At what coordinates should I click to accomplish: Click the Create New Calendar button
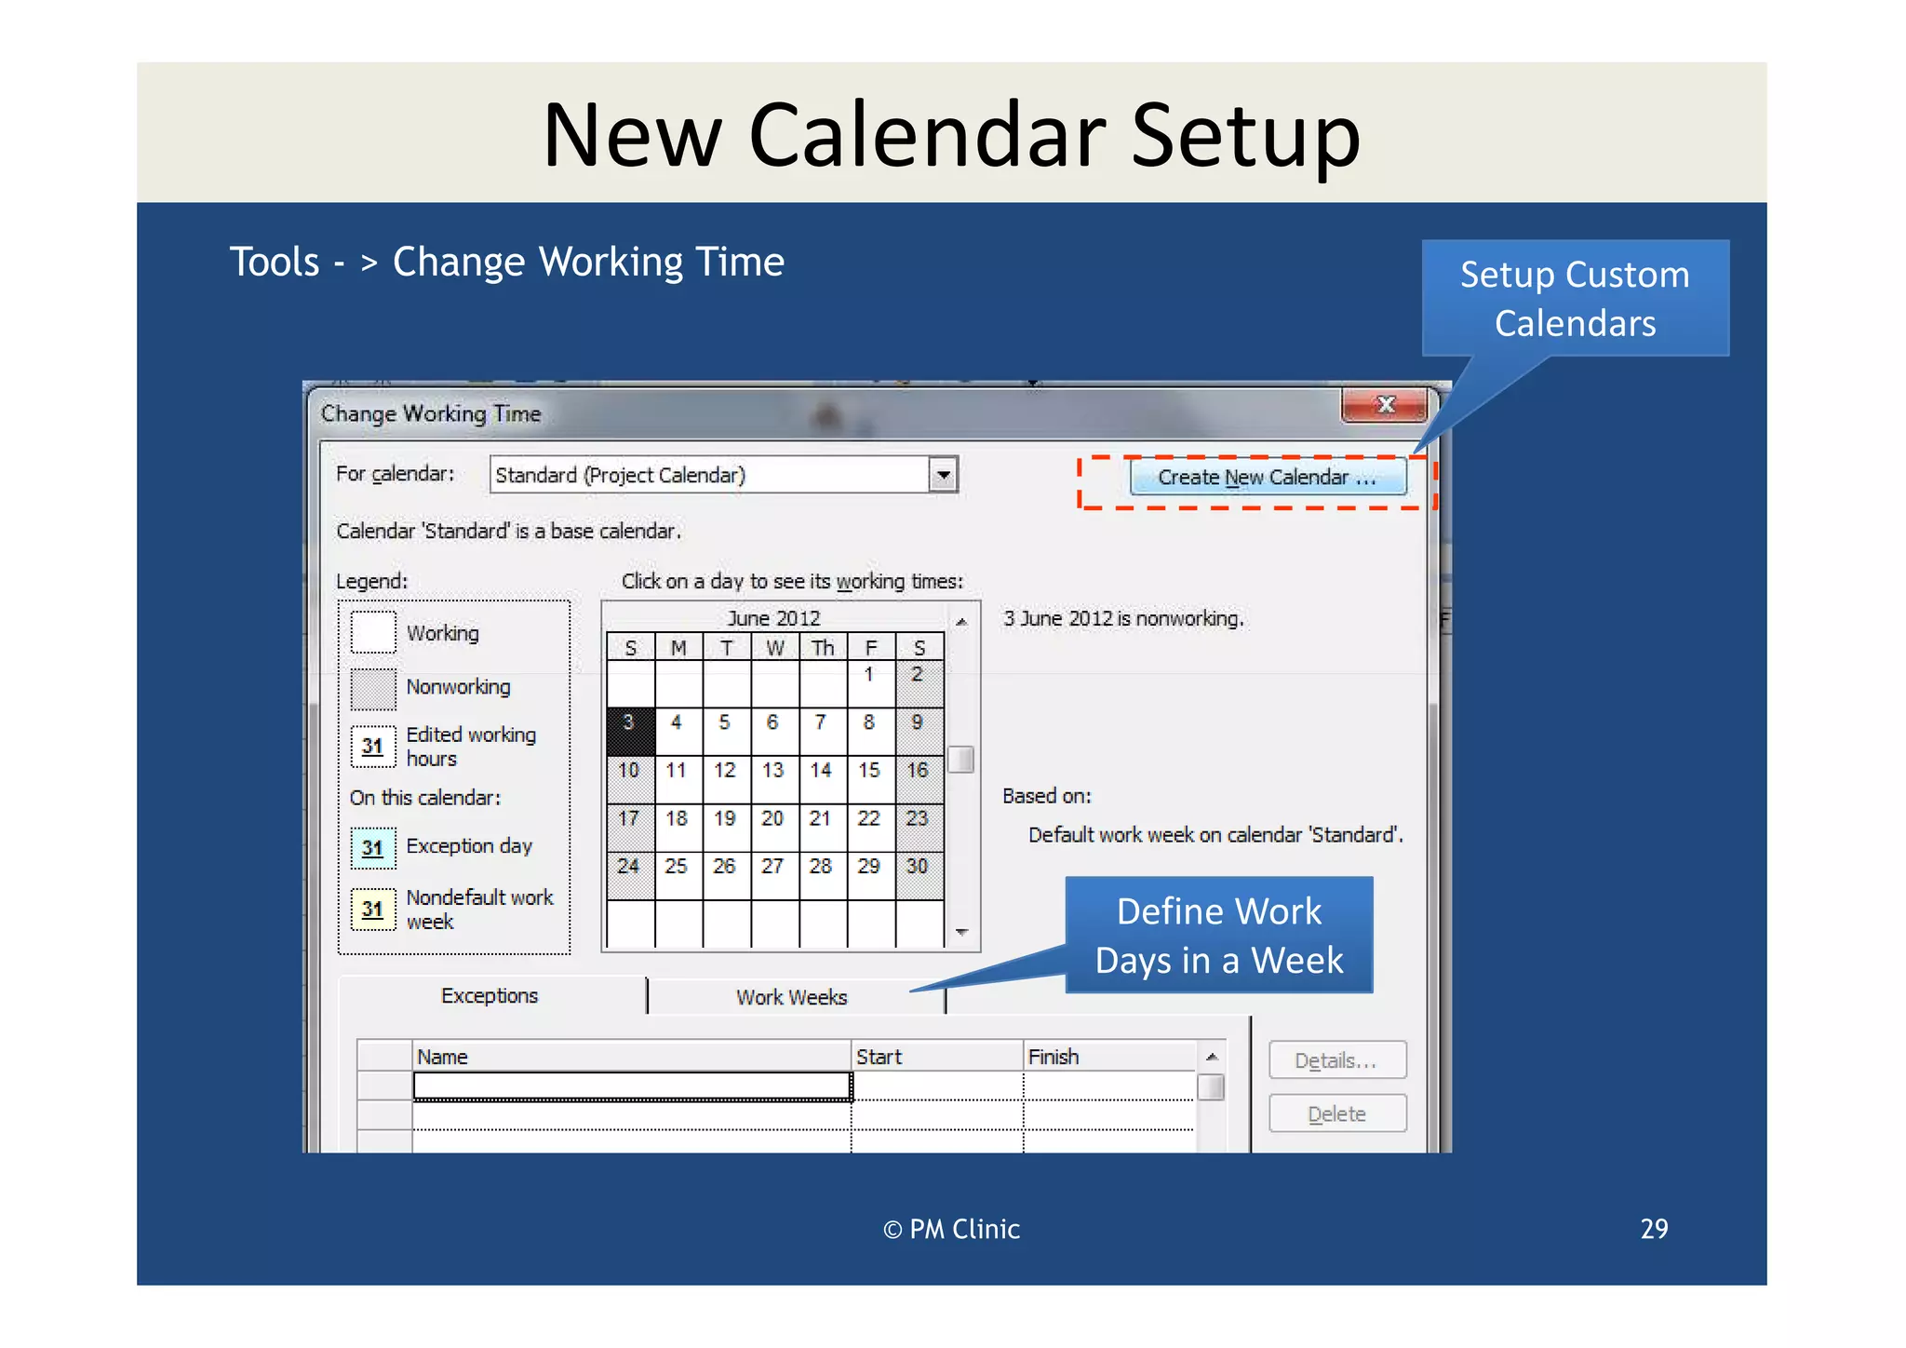[1267, 478]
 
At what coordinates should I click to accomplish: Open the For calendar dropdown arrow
[943, 475]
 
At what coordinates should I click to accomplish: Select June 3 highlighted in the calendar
[630, 729]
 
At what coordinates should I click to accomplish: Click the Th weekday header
[822, 648]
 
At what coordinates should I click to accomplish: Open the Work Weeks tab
[792, 997]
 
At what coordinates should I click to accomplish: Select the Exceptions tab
[490, 996]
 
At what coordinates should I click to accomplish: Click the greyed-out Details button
[1336, 1060]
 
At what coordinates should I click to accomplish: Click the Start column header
[935, 1057]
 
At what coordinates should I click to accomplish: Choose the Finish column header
[1107, 1057]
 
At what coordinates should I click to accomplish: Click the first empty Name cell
[632, 1086]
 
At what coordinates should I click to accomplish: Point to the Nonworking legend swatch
[373, 689]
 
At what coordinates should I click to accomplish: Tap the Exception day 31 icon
[373, 847]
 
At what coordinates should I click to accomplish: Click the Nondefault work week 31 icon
[373, 909]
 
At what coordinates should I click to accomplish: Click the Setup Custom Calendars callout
[1575, 298]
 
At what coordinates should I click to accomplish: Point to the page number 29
[1654, 1229]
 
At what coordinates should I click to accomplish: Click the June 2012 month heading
[773, 618]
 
